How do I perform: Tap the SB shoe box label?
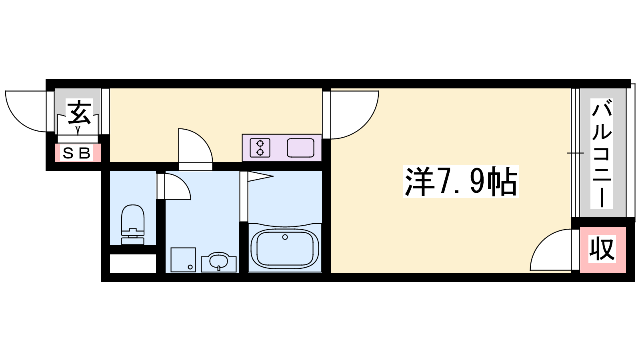point(76,153)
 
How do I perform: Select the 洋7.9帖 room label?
point(461,181)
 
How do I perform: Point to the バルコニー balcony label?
point(602,154)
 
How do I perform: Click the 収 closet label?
point(602,248)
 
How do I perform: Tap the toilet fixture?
point(132,224)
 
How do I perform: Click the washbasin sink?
point(218,262)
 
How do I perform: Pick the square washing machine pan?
point(183,260)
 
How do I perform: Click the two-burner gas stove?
point(260,148)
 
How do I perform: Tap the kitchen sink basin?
point(300,148)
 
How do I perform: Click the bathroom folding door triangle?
point(260,176)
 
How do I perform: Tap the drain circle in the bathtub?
point(285,237)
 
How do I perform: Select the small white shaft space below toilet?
point(133,263)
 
